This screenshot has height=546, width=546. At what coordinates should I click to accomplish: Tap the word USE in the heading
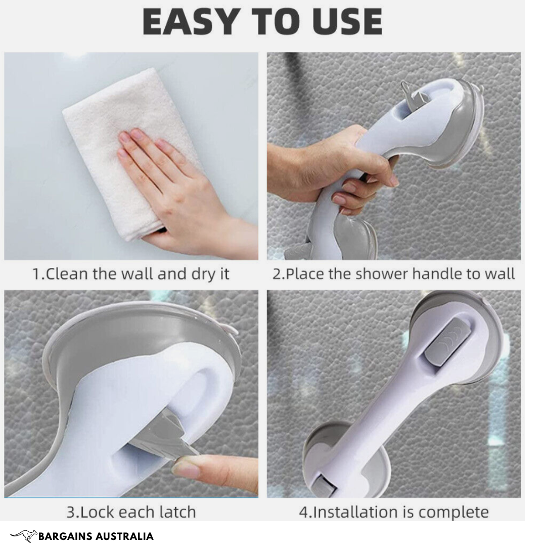coord(347,22)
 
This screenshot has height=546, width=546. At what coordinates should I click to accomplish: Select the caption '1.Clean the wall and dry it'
coord(130,274)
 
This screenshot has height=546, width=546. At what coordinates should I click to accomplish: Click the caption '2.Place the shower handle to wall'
coord(393,274)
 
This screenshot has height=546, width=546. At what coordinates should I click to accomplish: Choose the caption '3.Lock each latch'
coord(131,512)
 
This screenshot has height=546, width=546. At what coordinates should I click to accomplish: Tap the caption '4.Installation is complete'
coord(394,512)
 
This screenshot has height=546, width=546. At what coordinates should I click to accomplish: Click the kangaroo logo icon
coord(24,536)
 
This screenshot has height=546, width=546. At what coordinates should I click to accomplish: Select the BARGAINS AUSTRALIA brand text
coord(96,536)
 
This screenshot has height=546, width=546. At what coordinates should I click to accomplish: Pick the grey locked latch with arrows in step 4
coord(447,341)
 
